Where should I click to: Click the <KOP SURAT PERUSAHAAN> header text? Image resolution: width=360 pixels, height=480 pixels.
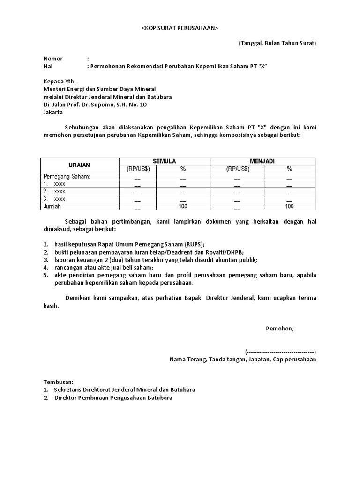[180, 28]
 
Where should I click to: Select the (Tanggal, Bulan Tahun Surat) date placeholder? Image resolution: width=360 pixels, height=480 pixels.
[277, 43]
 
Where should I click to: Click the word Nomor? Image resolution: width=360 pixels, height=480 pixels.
[53, 59]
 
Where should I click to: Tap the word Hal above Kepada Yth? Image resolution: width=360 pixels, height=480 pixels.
[48, 67]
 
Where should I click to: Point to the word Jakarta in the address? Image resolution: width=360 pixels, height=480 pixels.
[53, 112]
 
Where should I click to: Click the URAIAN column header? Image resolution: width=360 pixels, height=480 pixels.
[80, 165]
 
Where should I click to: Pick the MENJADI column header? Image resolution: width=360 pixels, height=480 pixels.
[263, 161]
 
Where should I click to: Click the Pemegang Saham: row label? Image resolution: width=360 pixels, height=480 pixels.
[67, 176]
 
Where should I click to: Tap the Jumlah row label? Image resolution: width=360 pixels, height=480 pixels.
[52, 206]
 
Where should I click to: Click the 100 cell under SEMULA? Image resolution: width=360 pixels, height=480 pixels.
[183, 206]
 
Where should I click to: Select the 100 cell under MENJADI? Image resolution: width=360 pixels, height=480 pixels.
[289, 206]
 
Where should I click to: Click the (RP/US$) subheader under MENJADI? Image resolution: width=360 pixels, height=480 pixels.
[237, 169]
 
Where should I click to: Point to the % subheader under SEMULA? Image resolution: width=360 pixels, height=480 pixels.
[183, 169]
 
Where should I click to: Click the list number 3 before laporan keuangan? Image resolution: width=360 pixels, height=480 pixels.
[46, 260]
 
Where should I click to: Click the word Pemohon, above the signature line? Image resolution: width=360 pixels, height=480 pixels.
[279, 328]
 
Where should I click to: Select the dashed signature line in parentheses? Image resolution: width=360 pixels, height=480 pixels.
[280, 352]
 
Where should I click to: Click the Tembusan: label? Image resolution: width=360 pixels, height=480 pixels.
[59, 382]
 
